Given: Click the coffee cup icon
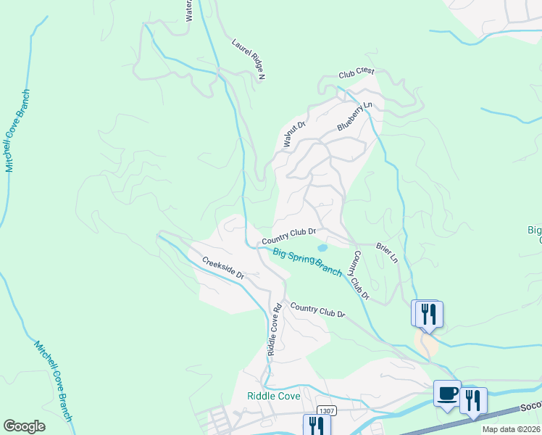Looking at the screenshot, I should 447,394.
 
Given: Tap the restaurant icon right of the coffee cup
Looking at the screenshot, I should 472,400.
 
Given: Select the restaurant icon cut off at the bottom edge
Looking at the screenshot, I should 316,426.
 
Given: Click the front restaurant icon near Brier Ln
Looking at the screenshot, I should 429,313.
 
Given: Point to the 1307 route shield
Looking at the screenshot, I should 327,410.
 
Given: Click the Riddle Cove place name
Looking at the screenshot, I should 272,396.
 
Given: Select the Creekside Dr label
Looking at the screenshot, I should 223,268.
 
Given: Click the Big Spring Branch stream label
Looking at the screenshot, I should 307,262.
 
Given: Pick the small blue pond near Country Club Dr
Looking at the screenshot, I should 322,248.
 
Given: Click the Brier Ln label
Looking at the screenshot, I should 387,253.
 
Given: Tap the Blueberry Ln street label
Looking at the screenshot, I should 354,117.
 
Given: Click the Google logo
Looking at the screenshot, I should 24,426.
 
